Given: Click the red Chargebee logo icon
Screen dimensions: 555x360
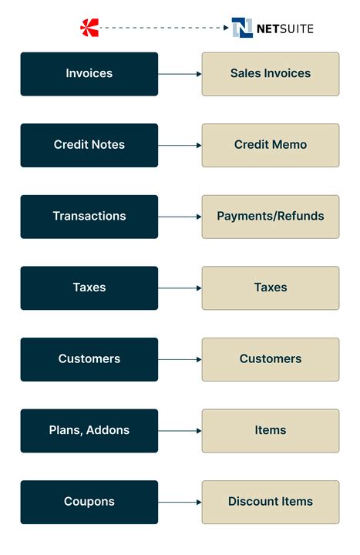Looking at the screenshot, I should tap(89, 29).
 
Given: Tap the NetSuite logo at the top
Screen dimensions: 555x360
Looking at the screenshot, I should tap(272, 29).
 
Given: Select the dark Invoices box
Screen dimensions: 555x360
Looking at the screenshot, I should tap(89, 74).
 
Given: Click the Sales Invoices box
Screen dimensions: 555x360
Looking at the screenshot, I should tap(271, 74).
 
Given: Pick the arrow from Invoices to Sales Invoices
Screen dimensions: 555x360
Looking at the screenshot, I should tap(180, 74).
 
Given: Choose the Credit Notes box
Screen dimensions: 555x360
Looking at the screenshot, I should tap(89, 145).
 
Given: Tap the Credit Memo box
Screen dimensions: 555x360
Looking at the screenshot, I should tap(271, 145).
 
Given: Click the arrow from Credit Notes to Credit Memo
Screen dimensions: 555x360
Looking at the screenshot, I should tap(180, 145).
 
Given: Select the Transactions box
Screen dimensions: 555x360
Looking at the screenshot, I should tap(89, 217).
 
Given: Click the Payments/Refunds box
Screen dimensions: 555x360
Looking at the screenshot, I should tap(271, 217).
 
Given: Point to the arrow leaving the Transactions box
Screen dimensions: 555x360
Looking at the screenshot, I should tap(180, 217).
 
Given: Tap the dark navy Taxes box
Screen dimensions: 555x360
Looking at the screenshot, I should tap(89, 288).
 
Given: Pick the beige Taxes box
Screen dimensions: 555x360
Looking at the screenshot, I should tap(271, 288).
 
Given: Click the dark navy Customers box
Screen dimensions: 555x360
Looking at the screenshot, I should tap(89, 359).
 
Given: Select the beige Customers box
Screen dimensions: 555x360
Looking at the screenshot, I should tap(271, 359).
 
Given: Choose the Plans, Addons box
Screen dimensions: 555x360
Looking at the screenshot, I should tap(89, 430).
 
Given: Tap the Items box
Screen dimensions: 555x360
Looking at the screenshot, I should tap(271, 430).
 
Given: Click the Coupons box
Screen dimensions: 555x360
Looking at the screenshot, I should tap(89, 502).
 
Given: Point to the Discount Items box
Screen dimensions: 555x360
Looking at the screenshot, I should tap(271, 502).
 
